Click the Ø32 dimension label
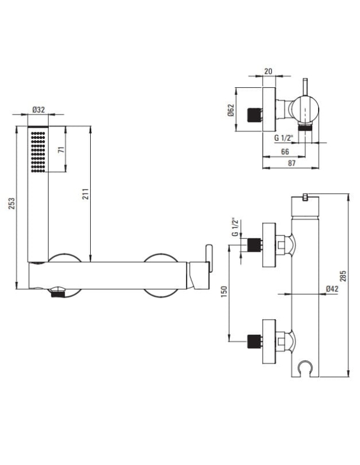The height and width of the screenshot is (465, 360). [x=38, y=110]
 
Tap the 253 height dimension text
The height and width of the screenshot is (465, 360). [x=11, y=203]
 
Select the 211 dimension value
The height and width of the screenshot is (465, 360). [x=85, y=194]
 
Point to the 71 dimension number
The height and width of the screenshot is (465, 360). [x=62, y=150]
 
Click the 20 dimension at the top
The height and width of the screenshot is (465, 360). [x=268, y=71]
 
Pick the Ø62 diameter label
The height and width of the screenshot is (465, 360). [x=231, y=110]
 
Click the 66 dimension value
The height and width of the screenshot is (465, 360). [x=285, y=152]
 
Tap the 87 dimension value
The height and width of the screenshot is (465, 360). [x=292, y=163]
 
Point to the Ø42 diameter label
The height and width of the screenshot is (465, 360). [x=332, y=288]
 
